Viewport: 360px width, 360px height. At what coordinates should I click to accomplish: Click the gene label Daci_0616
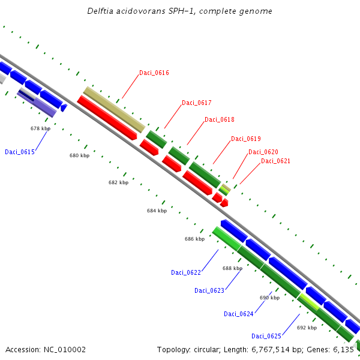(x=154, y=73)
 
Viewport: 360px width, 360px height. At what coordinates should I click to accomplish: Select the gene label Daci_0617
(x=196, y=103)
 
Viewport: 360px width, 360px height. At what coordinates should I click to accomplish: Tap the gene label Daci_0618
(x=219, y=120)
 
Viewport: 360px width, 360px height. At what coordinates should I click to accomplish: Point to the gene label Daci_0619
(x=245, y=139)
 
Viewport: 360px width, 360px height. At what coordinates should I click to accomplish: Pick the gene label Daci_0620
(x=263, y=152)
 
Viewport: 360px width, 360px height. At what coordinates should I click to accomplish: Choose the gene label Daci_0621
(x=275, y=161)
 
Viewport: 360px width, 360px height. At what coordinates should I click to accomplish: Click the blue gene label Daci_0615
(x=20, y=152)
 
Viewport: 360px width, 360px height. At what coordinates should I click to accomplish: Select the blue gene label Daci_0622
(x=186, y=272)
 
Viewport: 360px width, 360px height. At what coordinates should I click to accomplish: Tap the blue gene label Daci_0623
(x=209, y=290)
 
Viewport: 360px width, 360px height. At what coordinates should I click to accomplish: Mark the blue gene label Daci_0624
(x=239, y=314)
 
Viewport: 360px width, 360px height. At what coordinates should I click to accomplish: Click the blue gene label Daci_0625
(x=266, y=336)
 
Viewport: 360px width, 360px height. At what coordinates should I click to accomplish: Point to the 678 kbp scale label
(x=40, y=128)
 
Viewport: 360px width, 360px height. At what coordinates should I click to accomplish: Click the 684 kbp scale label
(x=157, y=211)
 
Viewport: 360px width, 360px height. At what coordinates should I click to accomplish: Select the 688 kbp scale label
(x=232, y=269)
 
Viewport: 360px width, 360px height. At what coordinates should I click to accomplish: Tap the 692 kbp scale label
(x=307, y=328)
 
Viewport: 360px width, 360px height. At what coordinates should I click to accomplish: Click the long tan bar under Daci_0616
(x=113, y=109)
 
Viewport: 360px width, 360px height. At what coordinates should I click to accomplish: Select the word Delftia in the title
(x=100, y=11)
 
